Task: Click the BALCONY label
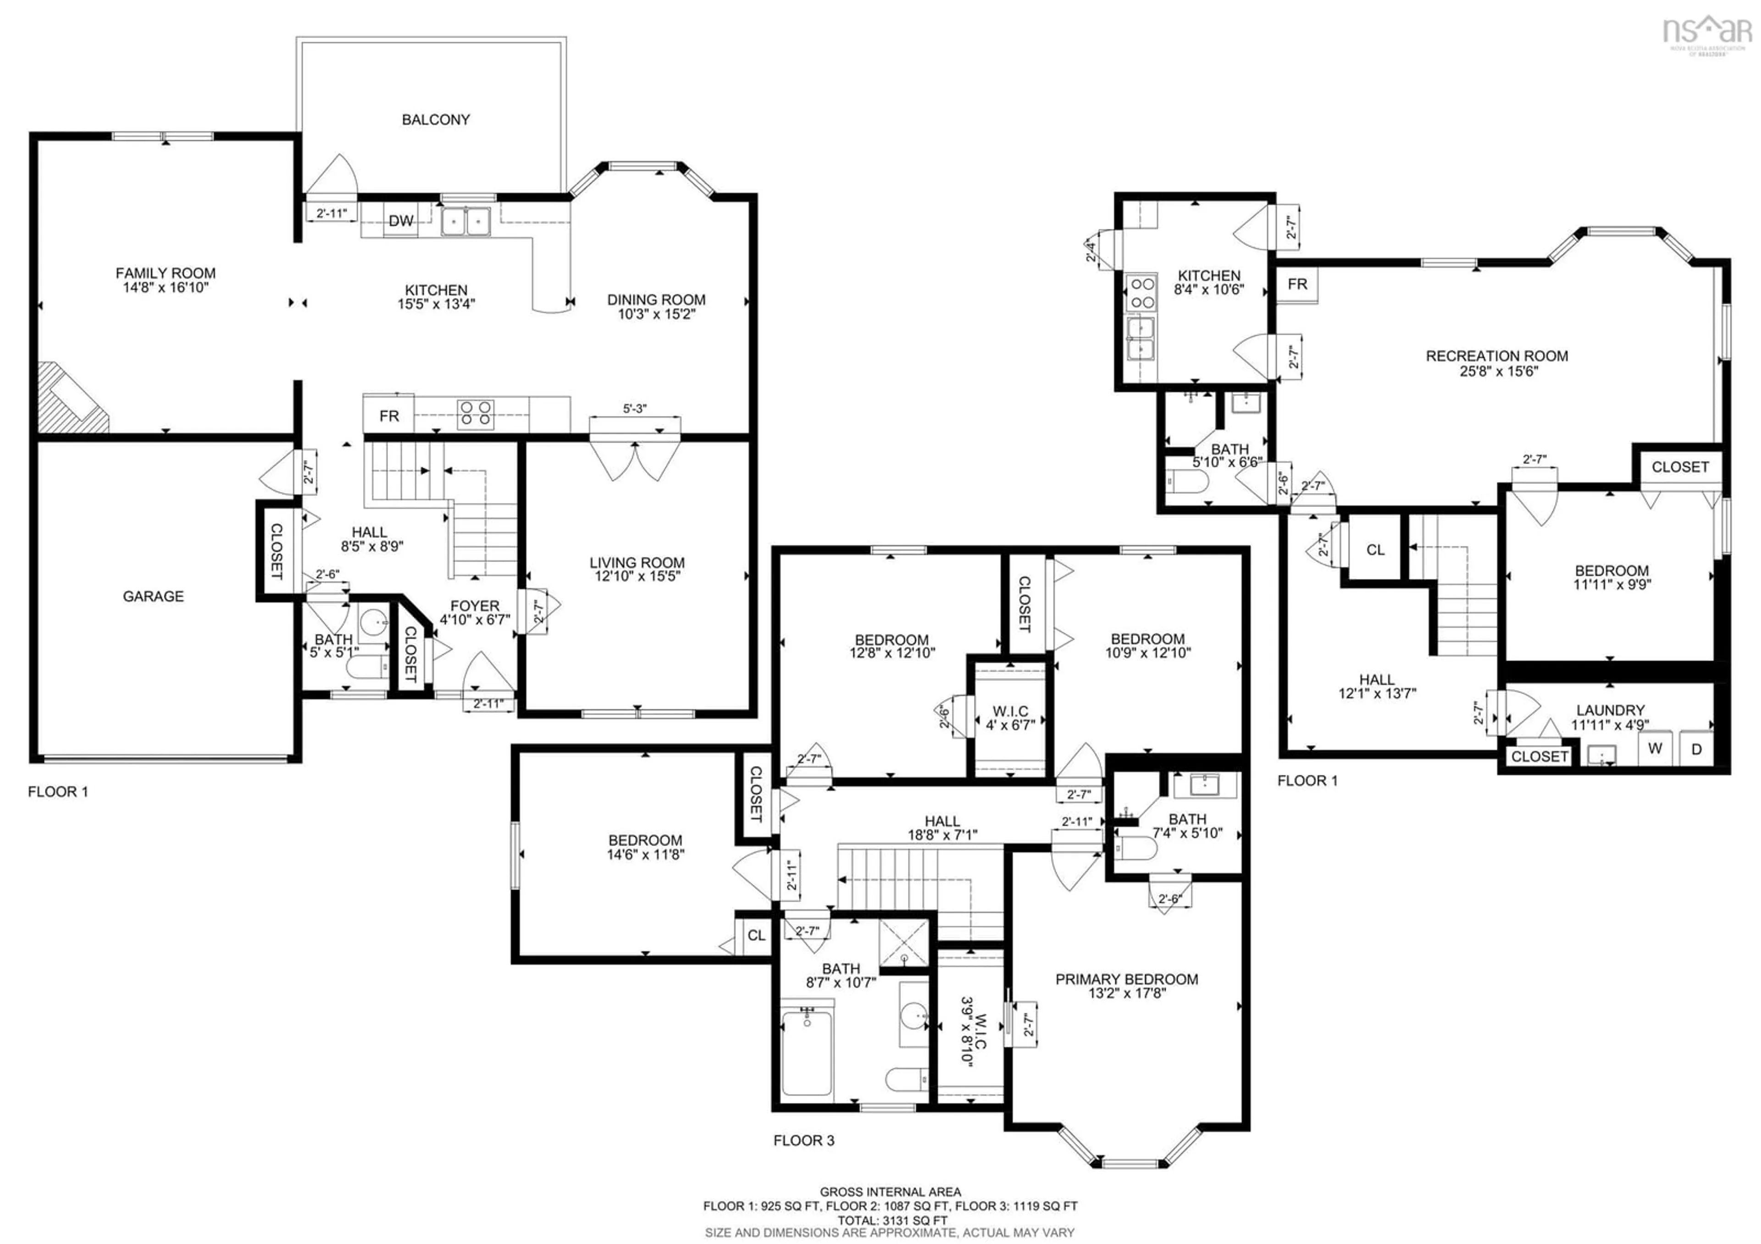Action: (x=436, y=120)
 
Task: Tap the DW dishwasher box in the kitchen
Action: (x=400, y=221)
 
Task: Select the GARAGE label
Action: (x=153, y=596)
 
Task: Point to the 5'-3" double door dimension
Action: (x=634, y=409)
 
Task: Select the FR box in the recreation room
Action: (x=1297, y=284)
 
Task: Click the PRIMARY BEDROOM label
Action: (x=1126, y=986)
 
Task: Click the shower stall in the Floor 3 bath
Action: (x=903, y=942)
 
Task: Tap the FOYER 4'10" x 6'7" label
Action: (x=475, y=612)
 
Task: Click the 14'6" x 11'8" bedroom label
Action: (x=645, y=847)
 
